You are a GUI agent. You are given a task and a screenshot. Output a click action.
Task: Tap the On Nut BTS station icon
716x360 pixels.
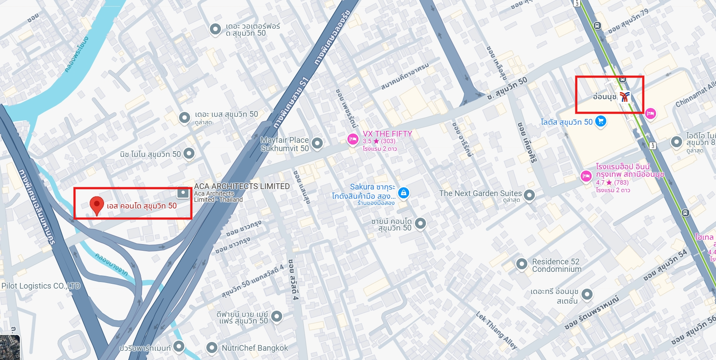[624, 97]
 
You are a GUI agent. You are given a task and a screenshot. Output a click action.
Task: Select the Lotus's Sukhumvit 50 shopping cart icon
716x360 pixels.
[600, 121]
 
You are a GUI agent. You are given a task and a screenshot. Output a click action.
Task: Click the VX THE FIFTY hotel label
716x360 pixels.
[387, 134]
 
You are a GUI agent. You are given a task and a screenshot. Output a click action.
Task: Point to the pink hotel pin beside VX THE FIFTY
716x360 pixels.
[352, 140]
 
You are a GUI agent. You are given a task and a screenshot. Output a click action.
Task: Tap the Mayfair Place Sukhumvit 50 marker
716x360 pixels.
[317, 143]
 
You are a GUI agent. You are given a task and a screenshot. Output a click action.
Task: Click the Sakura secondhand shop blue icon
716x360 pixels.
[403, 193]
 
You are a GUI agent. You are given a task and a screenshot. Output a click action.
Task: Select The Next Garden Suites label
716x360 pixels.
[480, 193]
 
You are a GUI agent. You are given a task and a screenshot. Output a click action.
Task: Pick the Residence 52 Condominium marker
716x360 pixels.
[522, 264]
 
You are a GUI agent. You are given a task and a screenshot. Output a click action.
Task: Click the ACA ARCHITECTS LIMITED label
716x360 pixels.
[242, 186]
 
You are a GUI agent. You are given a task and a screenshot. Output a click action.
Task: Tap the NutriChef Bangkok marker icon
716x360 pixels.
[212, 348]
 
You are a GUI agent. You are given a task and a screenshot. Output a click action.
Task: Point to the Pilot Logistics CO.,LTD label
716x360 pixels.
[41, 286]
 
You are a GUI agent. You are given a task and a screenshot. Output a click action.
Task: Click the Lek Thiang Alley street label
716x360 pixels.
[496, 330]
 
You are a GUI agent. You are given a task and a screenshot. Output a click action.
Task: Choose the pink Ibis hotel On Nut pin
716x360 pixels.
[586, 176]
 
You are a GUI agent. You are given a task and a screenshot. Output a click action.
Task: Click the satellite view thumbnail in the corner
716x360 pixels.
[10, 348]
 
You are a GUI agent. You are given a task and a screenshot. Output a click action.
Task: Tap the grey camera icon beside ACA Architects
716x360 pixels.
[183, 193]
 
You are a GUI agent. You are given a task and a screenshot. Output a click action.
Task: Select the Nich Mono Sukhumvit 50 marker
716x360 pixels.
[189, 153]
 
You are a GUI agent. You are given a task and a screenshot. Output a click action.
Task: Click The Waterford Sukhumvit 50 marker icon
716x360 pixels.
[215, 29]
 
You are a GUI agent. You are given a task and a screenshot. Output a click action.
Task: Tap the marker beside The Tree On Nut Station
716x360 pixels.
[587, 294]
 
